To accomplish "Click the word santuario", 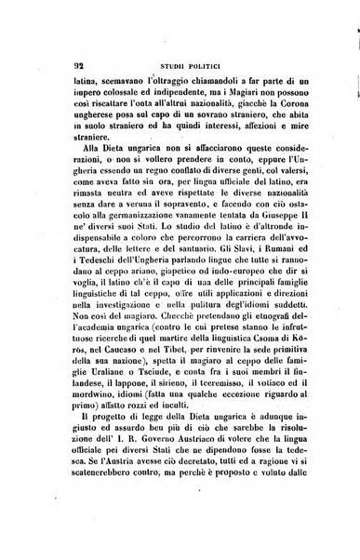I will tap(226, 264).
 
